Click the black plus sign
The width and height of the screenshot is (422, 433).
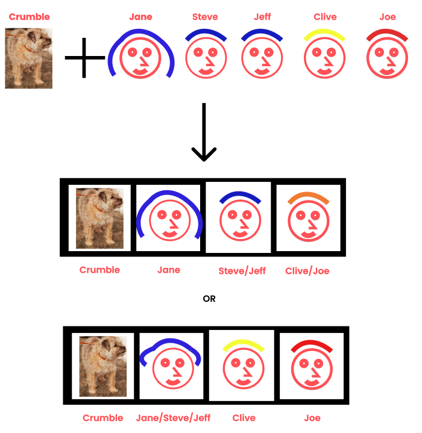tap(84, 58)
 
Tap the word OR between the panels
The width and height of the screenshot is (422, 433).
tap(209, 299)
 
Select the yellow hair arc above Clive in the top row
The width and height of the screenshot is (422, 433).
tap(325, 36)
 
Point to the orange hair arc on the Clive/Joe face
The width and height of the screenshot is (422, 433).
tap(308, 198)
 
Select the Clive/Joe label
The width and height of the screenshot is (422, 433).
tap(307, 271)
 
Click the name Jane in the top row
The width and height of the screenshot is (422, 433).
tap(140, 17)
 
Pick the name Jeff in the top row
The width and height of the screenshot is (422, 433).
tap(262, 17)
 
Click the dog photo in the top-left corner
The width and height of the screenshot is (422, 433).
tap(28, 58)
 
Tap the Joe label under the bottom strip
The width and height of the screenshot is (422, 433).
tap(312, 418)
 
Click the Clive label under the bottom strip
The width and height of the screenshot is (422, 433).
tap(244, 418)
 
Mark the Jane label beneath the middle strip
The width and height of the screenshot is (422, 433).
tap(169, 270)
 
